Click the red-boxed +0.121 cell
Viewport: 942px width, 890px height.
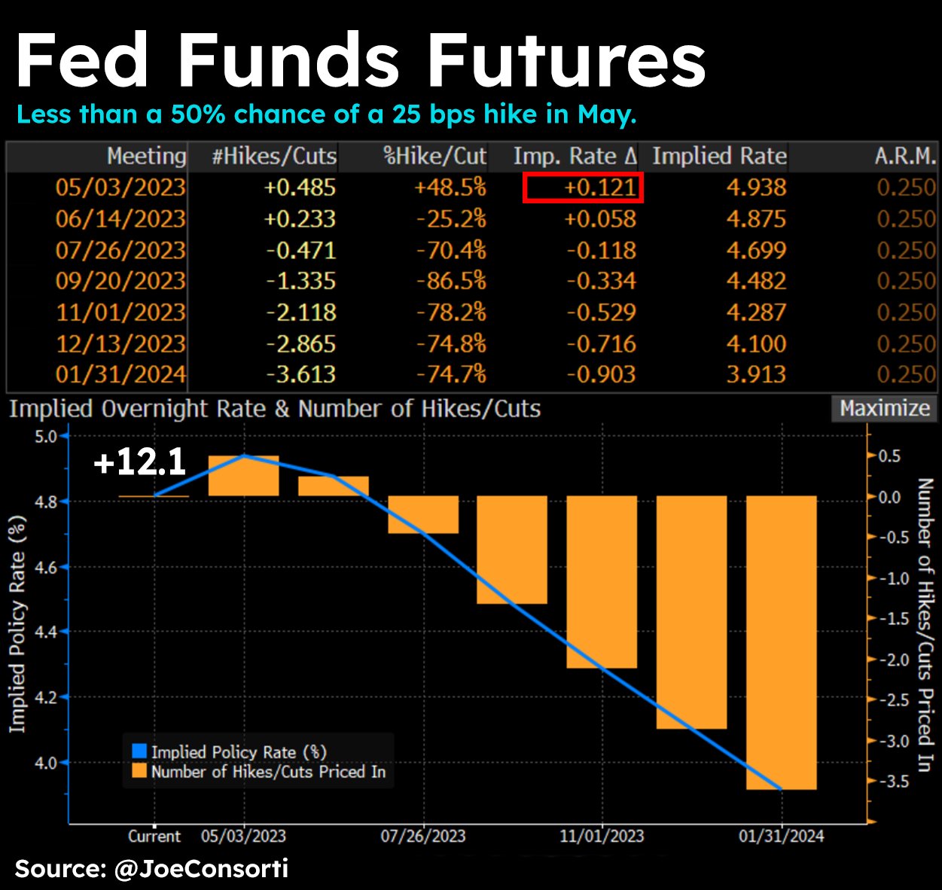tap(584, 187)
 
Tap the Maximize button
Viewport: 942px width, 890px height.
tap(884, 409)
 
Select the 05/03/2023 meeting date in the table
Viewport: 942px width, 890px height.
tap(120, 187)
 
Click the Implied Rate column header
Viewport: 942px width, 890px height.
tap(719, 157)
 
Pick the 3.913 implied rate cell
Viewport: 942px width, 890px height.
tap(756, 374)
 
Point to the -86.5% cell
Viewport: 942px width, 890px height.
tap(452, 281)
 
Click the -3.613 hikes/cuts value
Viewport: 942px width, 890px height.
tap(301, 374)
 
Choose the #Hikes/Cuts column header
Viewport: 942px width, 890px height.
tap(274, 157)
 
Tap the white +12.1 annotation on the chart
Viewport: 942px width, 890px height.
tap(139, 462)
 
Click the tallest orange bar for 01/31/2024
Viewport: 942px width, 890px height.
tap(781, 642)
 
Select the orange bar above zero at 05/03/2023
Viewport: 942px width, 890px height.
tap(244, 476)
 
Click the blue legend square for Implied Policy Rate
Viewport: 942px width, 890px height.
tap(139, 751)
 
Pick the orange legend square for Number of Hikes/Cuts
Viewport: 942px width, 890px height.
tap(139, 771)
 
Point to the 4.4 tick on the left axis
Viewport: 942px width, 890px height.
tap(47, 632)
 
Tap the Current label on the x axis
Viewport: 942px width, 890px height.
tap(154, 837)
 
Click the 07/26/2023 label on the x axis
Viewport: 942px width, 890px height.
tap(422, 837)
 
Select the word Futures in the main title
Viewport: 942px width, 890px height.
tap(566, 62)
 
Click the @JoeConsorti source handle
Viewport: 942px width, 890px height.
tap(201, 869)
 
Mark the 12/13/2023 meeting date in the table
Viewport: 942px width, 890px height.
tap(120, 343)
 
